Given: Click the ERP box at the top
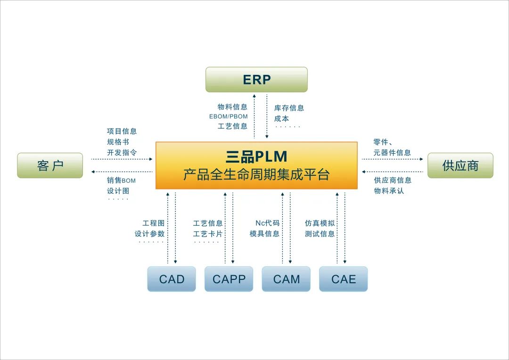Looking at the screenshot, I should click(256, 80).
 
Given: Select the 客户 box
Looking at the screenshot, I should click(50, 165).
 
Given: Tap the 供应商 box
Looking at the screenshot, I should click(460, 165).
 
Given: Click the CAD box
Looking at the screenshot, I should click(172, 279).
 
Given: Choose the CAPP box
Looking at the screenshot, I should click(229, 279).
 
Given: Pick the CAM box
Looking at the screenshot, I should click(286, 279).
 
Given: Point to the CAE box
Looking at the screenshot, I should click(343, 279).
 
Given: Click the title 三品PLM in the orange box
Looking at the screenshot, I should click(256, 156).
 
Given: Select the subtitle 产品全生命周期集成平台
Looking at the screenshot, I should click(256, 175).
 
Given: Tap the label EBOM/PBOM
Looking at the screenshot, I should click(229, 116).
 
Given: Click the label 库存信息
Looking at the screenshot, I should click(289, 108).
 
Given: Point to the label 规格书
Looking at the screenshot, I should click(118, 142).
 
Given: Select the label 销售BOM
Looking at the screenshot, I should click(121, 180).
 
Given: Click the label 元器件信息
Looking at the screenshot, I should click(392, 153).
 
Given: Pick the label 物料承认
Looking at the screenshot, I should click(389, 191).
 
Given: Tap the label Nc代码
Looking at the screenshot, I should click(267, 223).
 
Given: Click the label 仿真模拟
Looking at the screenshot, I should click(320, 223).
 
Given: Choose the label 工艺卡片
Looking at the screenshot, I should click(208, 234).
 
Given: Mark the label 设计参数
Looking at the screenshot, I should click(150, 234).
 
